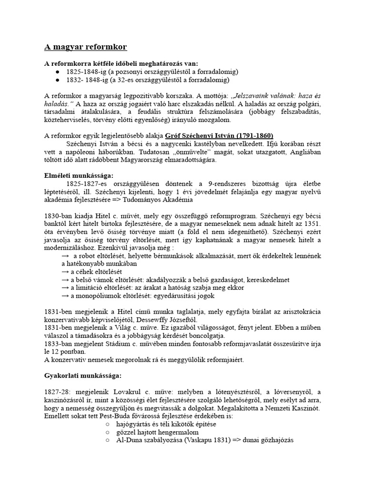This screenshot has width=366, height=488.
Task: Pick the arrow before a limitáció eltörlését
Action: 66,288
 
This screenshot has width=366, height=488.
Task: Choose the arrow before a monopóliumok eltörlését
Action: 66,296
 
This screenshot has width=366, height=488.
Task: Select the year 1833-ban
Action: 61,343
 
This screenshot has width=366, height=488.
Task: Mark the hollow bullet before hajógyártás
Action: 108,424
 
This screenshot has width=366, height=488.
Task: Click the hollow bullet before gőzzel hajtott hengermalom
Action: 108,432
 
